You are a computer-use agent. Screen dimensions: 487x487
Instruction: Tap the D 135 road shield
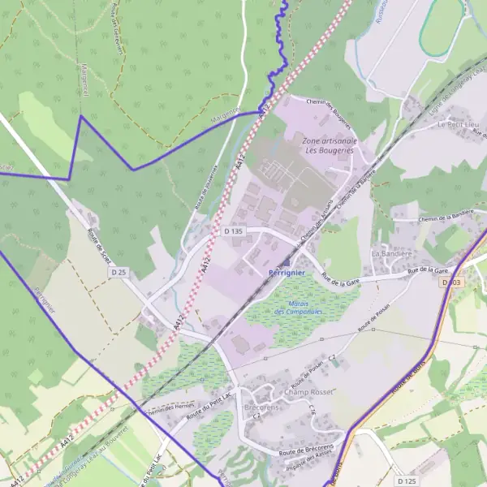(233, 231)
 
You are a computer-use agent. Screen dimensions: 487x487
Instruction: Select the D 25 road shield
(119, 272)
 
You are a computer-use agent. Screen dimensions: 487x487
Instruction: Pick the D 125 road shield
(407, 481)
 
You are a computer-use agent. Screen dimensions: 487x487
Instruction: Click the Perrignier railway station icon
(286, 264)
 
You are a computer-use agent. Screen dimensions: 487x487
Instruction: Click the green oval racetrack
(442, 24)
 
